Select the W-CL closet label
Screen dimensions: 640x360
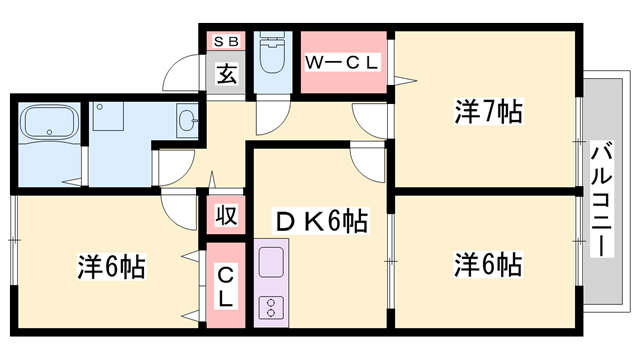pyautogui.click(x=343, y=62)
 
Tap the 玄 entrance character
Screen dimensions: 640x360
pyautogui.click(x=227, y=75)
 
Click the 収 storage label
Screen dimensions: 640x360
pyautogui.click(x=225, y=215)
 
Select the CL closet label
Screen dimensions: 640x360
pyautogui.click(x=225, y=285)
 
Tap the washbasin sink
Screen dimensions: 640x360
pyautogui.click(x=187, y=121)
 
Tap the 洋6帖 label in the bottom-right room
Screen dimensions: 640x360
pyautogui.click(x=487, y=265)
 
